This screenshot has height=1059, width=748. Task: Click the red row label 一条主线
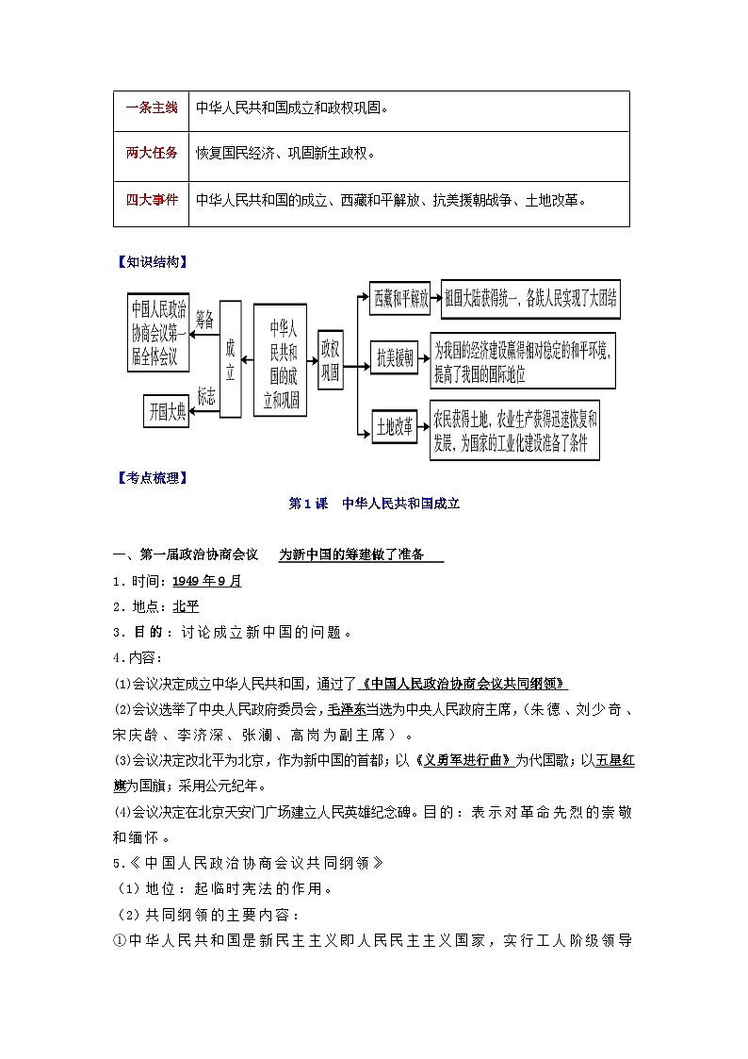point(151,108)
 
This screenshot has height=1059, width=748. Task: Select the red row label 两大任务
point(151,154)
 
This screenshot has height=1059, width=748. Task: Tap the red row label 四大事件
point(151,200)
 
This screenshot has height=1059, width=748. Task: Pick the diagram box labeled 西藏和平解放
point(400,299)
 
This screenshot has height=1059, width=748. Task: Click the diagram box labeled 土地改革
point(395,426)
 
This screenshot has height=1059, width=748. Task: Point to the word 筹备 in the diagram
point(205,321)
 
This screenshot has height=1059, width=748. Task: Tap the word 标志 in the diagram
point(205,396)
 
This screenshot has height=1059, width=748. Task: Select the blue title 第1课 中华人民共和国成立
point(374,505)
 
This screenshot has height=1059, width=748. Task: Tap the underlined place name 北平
point(186,606)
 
